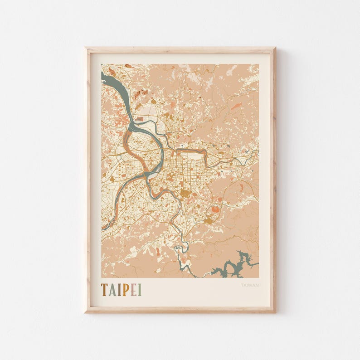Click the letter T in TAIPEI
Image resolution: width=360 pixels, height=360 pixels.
click(x=104, y=290)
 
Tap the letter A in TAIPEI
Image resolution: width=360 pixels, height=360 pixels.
click(x=112, y=290)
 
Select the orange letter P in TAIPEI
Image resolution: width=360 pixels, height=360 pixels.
click(x=125, y=290)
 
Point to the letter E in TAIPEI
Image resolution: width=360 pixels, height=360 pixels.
click(x=133, y=290)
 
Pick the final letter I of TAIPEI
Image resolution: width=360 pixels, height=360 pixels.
click(x=140, y=290)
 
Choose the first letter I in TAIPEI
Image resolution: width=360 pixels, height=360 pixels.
click(x=119, y=290)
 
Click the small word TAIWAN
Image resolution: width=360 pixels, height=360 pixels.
click(x=250, y=285)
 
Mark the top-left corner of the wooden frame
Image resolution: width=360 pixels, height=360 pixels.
click(x=86, y=48)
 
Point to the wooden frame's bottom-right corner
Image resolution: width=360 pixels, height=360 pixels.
click(x=275, y=312)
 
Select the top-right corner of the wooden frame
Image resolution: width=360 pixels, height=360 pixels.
click(x=275, y=48)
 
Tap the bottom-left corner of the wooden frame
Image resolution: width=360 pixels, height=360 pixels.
click(x=86, y=312)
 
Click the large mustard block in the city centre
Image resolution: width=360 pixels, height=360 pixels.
click(x=185, y=193)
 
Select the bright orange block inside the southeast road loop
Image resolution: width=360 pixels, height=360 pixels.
click(x=216, y=209)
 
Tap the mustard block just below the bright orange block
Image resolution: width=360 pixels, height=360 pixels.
click(x=208, y=220)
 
